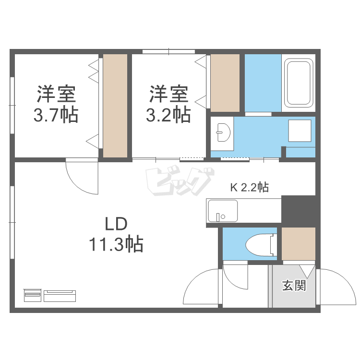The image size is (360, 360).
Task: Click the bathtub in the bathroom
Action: (x=299, y=83)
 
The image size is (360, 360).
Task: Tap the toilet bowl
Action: (x=259, y=245)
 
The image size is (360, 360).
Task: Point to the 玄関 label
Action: (x=293, y=286)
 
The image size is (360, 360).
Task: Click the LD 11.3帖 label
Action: (x=116, y=235)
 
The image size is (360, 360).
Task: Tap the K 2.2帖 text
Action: (x=249, y=187)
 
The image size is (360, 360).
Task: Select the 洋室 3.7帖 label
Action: (x=57, y=104)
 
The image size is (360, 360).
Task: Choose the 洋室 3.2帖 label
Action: (x=168, y=104)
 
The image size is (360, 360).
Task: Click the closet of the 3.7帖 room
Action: (x=116, y=105)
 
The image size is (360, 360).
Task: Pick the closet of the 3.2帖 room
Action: (x=225, y=83)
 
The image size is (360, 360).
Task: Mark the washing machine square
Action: (x=300, y=131)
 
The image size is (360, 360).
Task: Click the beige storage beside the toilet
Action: (x=298, y=243)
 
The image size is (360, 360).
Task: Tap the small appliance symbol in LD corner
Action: (x=50, y=295)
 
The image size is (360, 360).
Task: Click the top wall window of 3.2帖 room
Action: (x=168, y=51)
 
